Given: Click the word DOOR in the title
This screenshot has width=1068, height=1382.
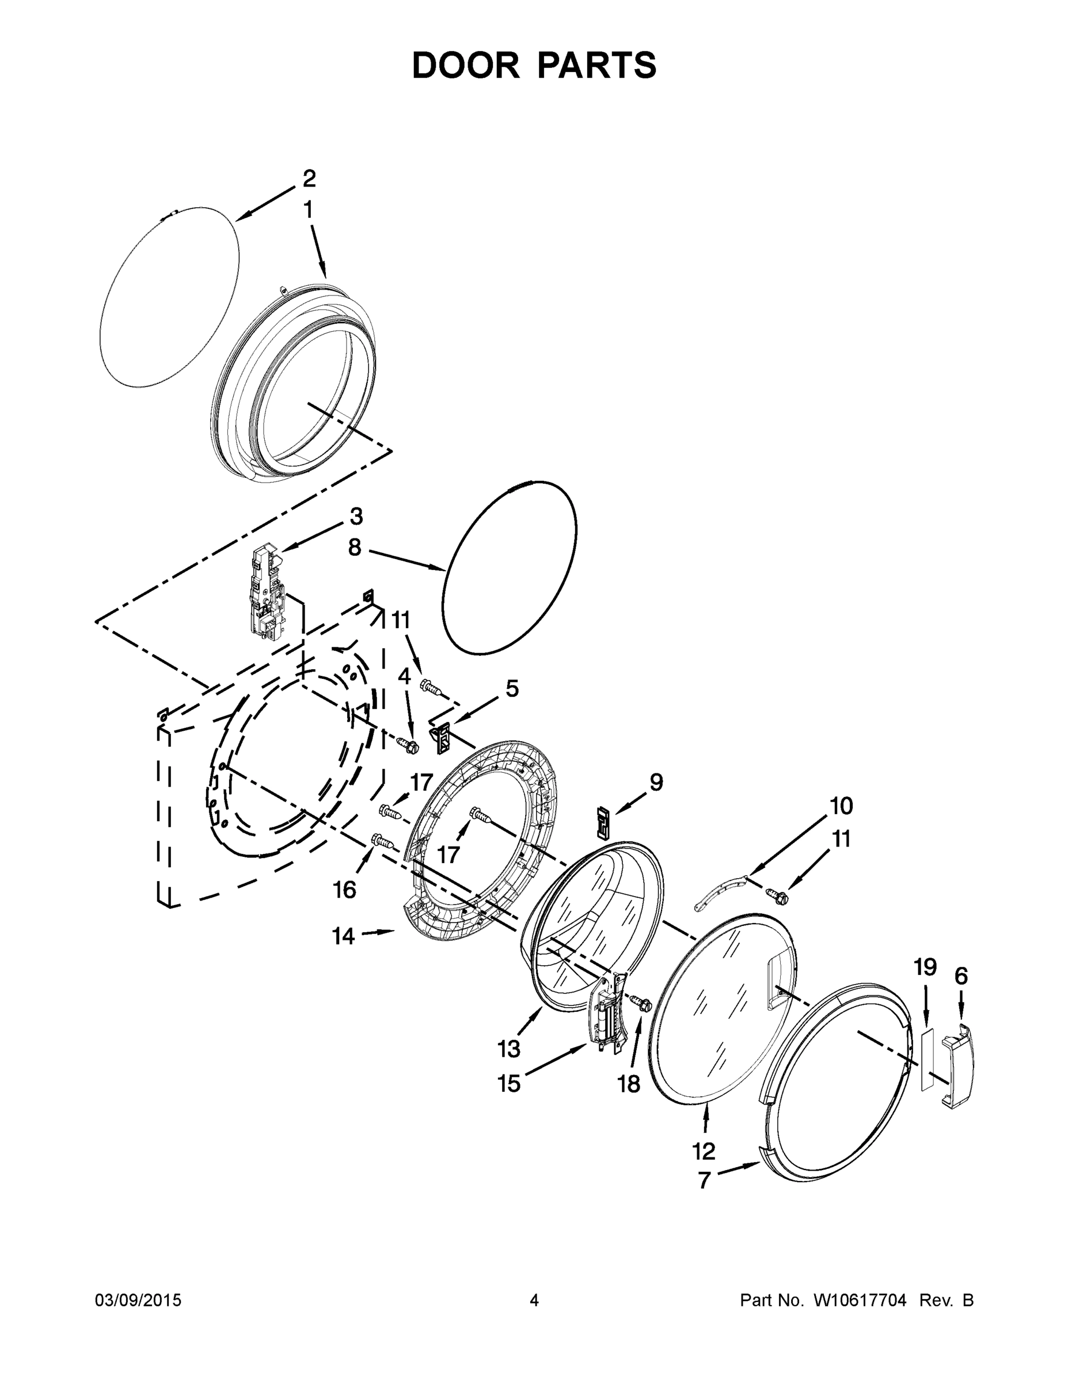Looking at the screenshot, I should pos(466,65).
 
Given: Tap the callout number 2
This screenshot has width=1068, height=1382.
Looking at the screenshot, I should pos(309,179).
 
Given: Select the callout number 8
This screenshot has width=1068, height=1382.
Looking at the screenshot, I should pos(354,548).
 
